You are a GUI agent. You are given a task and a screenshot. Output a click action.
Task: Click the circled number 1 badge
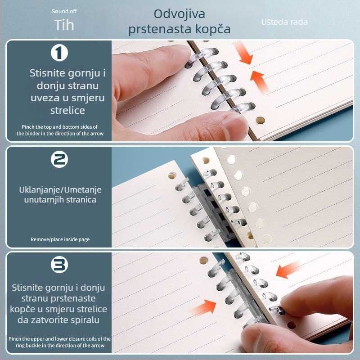tap(59, 53)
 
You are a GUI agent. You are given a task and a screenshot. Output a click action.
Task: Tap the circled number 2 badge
tap(59, 159)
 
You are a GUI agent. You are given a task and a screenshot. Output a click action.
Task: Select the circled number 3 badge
tap(59, 265)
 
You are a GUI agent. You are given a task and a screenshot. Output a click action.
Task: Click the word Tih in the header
tap(64, 25)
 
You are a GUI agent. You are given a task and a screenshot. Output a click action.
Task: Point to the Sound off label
tap(64, 11)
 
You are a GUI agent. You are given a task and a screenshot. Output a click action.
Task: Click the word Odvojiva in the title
tap(179, 14)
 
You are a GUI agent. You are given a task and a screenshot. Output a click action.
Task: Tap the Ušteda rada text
tap(284, 22)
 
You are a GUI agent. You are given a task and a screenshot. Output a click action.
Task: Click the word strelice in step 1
tap(68, 110)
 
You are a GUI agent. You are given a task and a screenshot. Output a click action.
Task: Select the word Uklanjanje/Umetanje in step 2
tap(60, 189)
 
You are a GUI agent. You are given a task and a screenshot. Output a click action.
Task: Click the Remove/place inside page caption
tap(60, 239)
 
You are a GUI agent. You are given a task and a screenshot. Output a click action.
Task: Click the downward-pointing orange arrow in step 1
tap(244, 54)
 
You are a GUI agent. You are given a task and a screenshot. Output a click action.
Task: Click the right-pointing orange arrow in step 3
tap(204, 307)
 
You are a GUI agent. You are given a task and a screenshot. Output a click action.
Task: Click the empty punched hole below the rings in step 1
tap(261, 120)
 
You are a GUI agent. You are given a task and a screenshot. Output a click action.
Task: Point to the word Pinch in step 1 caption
tap(27, 127)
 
